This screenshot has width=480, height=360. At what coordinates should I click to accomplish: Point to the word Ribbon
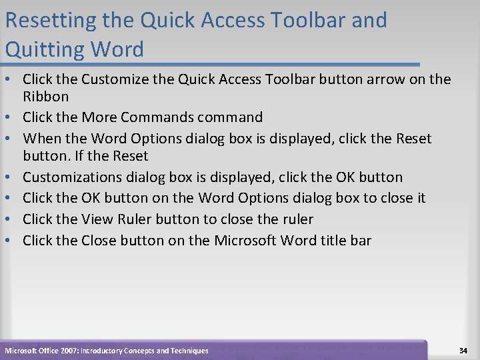[x=45, y=97]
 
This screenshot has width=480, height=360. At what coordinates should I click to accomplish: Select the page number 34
[x=463, y=351]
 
